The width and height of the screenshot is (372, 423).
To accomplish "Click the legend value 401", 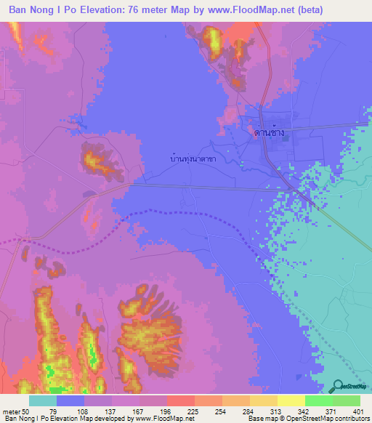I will (x=358, y=411).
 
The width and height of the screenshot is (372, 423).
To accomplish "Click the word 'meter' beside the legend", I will (x=12, y=411).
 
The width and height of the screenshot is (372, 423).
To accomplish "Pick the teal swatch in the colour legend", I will (x=43, y=400).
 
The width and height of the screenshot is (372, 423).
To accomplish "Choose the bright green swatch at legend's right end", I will (x=347, y=400).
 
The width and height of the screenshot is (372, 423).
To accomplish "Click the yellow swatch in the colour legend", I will (x=291, y=400).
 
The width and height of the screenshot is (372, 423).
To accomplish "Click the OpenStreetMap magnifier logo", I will (x=339, y=386).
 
